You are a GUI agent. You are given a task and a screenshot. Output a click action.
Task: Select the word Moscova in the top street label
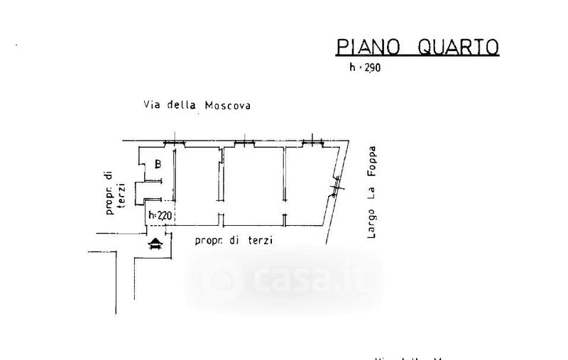228,105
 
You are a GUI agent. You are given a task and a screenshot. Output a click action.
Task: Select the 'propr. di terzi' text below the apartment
234,241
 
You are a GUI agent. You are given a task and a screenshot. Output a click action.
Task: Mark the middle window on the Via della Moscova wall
244,143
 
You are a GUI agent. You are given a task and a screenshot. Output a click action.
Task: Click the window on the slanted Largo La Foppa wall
337,187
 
